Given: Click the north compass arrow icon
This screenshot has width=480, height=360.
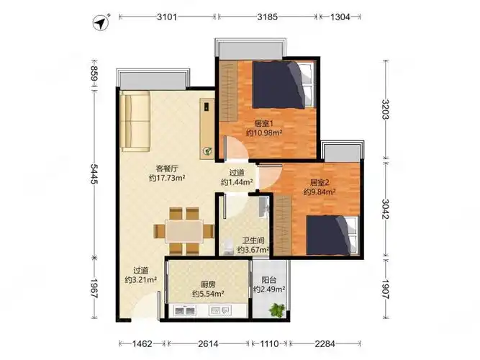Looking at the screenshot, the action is pos(101,23).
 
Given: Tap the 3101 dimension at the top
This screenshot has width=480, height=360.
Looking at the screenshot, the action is pos(167,17).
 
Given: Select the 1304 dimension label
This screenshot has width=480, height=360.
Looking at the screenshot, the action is pos(340,17).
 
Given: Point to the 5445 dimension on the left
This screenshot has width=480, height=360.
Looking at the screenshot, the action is pos(94,174).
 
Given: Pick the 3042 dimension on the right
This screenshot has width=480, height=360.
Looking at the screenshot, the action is pos(385,209).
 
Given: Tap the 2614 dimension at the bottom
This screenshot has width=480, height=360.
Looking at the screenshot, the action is pos(208,343).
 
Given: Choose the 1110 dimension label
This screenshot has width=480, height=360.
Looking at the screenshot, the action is pos(269,343).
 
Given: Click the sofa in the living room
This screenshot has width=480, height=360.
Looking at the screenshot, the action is pos(135,122).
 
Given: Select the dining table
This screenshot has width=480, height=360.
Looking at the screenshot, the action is pos(184,231).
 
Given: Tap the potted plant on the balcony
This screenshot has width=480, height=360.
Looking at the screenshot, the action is pos(278,310).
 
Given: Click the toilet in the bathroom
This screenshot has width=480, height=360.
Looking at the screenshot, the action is pos(227,248).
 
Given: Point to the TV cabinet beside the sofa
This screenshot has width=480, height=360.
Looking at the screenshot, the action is pos(207,129).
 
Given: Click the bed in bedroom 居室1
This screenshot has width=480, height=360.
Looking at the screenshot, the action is pos(284,85).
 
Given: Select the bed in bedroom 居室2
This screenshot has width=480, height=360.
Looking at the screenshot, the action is pos(332,235).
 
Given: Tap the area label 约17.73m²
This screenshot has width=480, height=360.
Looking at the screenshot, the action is pos(167,178).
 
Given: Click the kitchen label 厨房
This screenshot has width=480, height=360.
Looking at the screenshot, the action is pos(208,284).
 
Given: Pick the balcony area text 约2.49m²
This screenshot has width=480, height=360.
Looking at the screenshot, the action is pos(269,289).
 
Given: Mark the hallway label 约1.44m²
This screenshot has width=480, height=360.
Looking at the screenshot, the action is pos(237,182).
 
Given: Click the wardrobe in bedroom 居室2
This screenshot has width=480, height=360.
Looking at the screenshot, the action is pos(282,225).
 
